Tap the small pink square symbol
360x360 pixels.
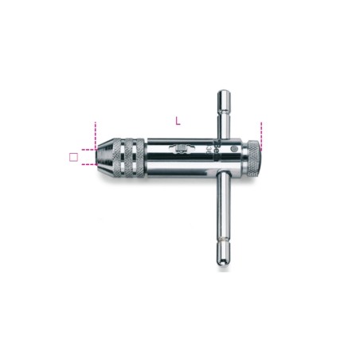(73, 157)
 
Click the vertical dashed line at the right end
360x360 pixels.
(260, 135)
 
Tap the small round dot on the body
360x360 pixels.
(232, 149)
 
